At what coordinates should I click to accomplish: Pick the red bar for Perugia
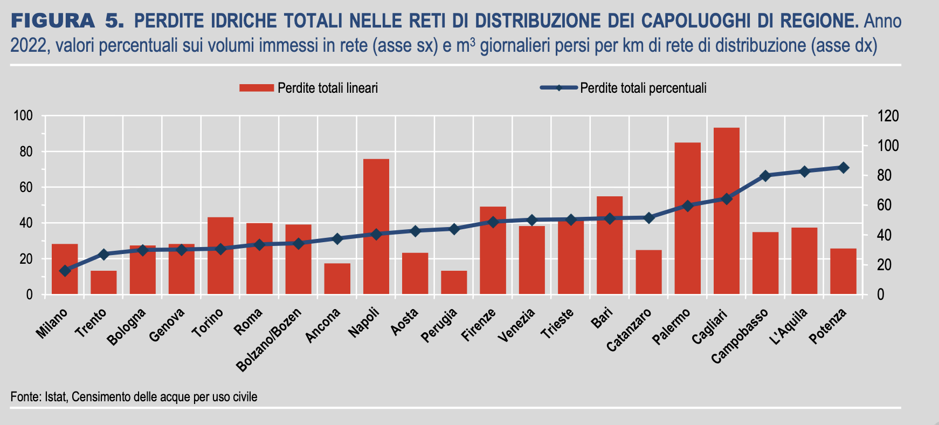pos(454,282)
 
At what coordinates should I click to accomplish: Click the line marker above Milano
pos(65,271)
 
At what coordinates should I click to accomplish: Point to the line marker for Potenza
pos(844,168)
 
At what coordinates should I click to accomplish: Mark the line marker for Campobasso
pos(765,176)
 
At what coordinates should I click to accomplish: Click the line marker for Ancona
pos(337,238)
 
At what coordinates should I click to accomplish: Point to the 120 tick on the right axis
pos(888,116)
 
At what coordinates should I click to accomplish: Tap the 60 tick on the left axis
pos(26,188)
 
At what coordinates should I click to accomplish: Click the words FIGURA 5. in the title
pos(67,22)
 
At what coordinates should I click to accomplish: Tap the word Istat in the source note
pos(55,397)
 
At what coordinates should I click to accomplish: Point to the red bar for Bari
pos(610,245)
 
